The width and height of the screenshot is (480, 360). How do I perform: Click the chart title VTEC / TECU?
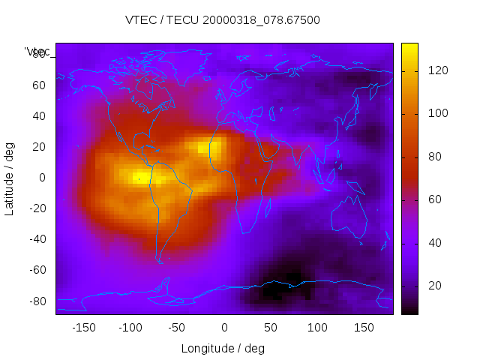(223, 20)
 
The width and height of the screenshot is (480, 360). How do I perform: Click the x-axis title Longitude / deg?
(223, 349)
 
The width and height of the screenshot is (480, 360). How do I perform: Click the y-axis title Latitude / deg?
(10, 178)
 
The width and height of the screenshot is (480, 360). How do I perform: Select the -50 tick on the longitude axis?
(177, 328)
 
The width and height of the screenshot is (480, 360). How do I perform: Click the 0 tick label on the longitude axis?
(224, 328)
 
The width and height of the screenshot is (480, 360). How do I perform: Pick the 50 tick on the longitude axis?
(271, 328)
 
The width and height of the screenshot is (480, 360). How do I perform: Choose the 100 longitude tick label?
(317, 328)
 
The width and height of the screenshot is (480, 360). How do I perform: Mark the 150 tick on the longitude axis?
(364, 328)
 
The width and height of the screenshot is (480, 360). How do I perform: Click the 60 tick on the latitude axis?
(39, 85)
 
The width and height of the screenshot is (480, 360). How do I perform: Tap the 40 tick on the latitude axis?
(39, 116)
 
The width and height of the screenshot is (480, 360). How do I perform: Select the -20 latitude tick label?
(37, 208)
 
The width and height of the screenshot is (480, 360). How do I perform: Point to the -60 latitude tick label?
(37, 270)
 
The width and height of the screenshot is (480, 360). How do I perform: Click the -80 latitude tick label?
(37, 301)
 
